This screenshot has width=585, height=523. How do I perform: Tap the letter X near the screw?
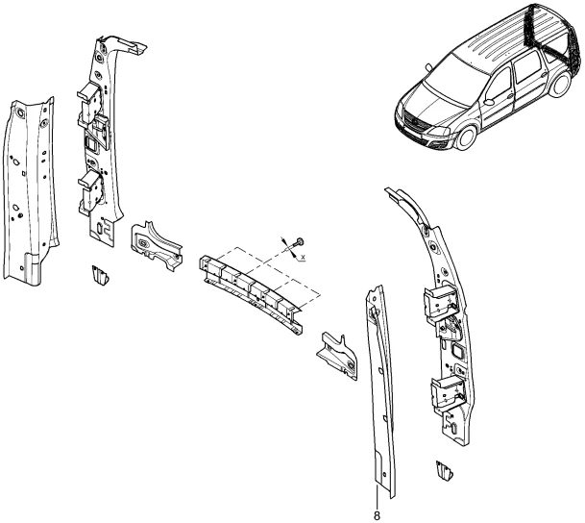[x=303, y=258]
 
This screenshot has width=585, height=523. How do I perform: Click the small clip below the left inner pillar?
[x=99, y=275]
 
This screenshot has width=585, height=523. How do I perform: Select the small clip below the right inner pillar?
[x=445, y=472]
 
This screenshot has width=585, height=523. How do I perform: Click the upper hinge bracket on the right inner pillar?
[x=442, y=300]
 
